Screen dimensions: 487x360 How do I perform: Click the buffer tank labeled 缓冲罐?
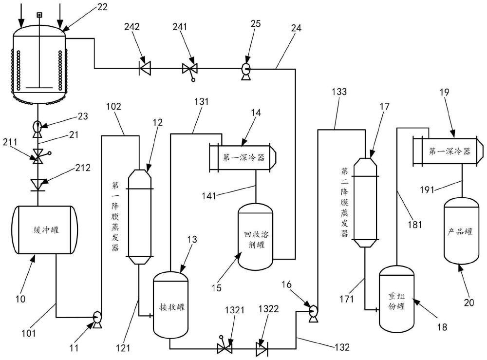[44, 229]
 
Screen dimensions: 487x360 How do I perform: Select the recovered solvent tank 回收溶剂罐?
[255, 236]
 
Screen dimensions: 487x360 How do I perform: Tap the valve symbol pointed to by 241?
[190, 70]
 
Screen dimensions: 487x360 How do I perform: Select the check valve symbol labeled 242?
[145, 68]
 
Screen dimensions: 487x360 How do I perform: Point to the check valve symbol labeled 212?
[38, 185]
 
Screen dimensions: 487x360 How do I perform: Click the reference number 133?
[339, 92]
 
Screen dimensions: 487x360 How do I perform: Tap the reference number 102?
[113, 107]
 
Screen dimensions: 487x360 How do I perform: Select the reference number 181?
[415, 224]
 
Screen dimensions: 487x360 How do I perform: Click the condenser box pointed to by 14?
[243, 157]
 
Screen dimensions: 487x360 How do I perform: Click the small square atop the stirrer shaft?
[39, 15]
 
